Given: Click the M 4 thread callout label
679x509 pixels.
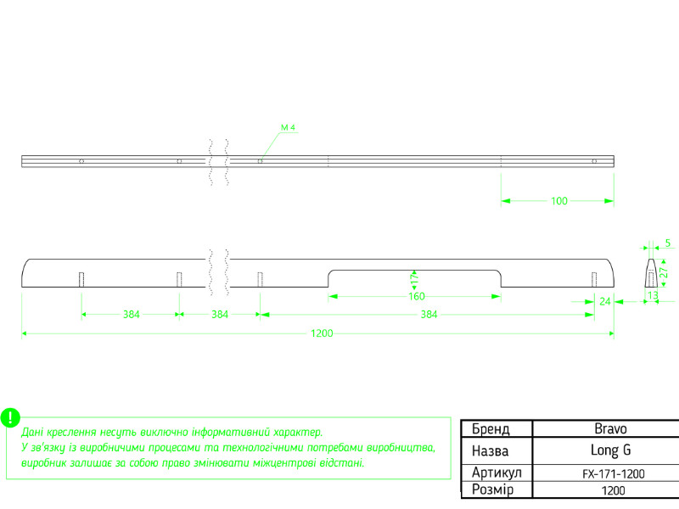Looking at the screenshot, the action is [x=288, y=127].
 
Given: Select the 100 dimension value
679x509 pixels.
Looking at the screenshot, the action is [x=559, y=201].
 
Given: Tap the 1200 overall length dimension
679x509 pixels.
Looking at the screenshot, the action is [x=322, y=333].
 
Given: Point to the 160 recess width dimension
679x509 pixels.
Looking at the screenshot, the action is [x=417, y=296].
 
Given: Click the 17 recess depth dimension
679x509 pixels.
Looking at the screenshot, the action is [x=414, y=279].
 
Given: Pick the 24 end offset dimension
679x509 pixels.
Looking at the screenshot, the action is [x=605, y=302].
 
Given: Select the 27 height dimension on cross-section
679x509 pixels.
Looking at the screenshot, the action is [x=664, y=272].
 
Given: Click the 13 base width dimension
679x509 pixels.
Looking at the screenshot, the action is [x=653, y=295].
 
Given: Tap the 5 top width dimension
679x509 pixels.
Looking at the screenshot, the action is [x=668, y=243].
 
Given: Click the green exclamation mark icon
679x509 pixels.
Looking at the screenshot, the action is [x=10, y=417].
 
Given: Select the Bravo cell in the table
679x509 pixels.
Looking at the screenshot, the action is [x=610, y=428].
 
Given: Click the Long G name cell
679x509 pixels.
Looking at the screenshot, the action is [x=610, y=450].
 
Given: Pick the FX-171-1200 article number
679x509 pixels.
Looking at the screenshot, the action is [x=613, y=474].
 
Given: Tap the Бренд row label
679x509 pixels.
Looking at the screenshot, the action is [x=491, y=429].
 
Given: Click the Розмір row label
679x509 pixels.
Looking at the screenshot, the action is [x=493, y=489].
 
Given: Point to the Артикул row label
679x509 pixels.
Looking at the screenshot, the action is [x=497, y=473].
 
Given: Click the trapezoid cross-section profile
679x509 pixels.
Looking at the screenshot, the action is [x=651, y=272].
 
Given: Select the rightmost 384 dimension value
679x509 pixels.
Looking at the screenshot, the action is [x=429, y=315].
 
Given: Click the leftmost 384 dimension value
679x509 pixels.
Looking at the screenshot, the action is [x=132, y=315].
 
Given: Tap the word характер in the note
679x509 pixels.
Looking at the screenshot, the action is [x=299, y=432].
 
